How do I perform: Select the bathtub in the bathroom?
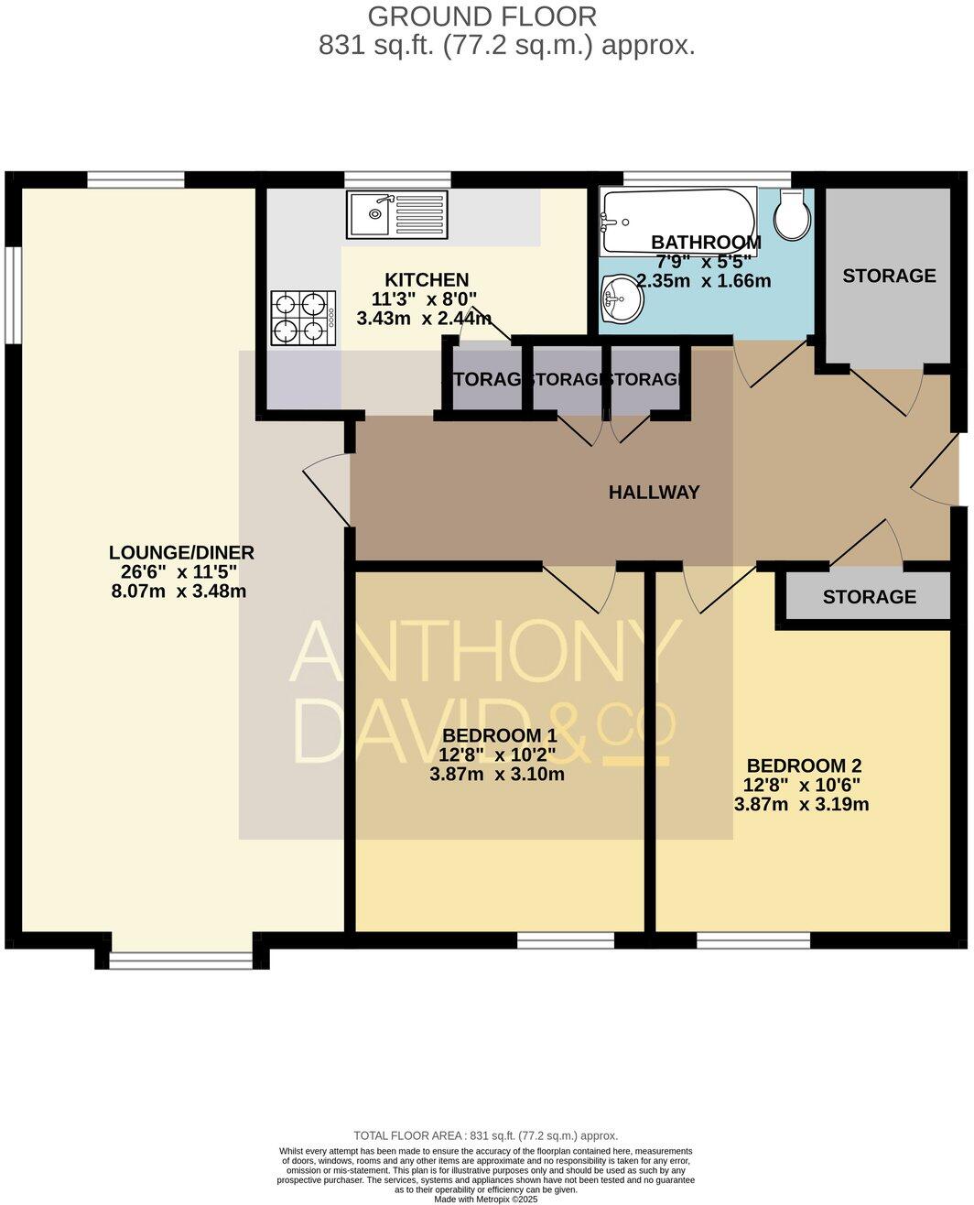point(677,221)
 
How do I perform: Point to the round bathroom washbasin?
point(622,299)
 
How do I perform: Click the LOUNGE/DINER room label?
point(180,552)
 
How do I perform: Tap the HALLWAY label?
point(654,493)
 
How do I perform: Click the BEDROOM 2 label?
point(804,765)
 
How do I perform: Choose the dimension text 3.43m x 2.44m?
point(423,319)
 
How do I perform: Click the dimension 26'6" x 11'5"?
point(173,572)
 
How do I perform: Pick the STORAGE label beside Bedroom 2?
point(869,597)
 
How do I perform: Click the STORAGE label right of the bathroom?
point(888,276)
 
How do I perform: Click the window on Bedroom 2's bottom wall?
point(752,939)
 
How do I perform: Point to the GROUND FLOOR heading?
point(482,16)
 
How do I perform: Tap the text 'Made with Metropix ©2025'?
point(486,1199)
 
